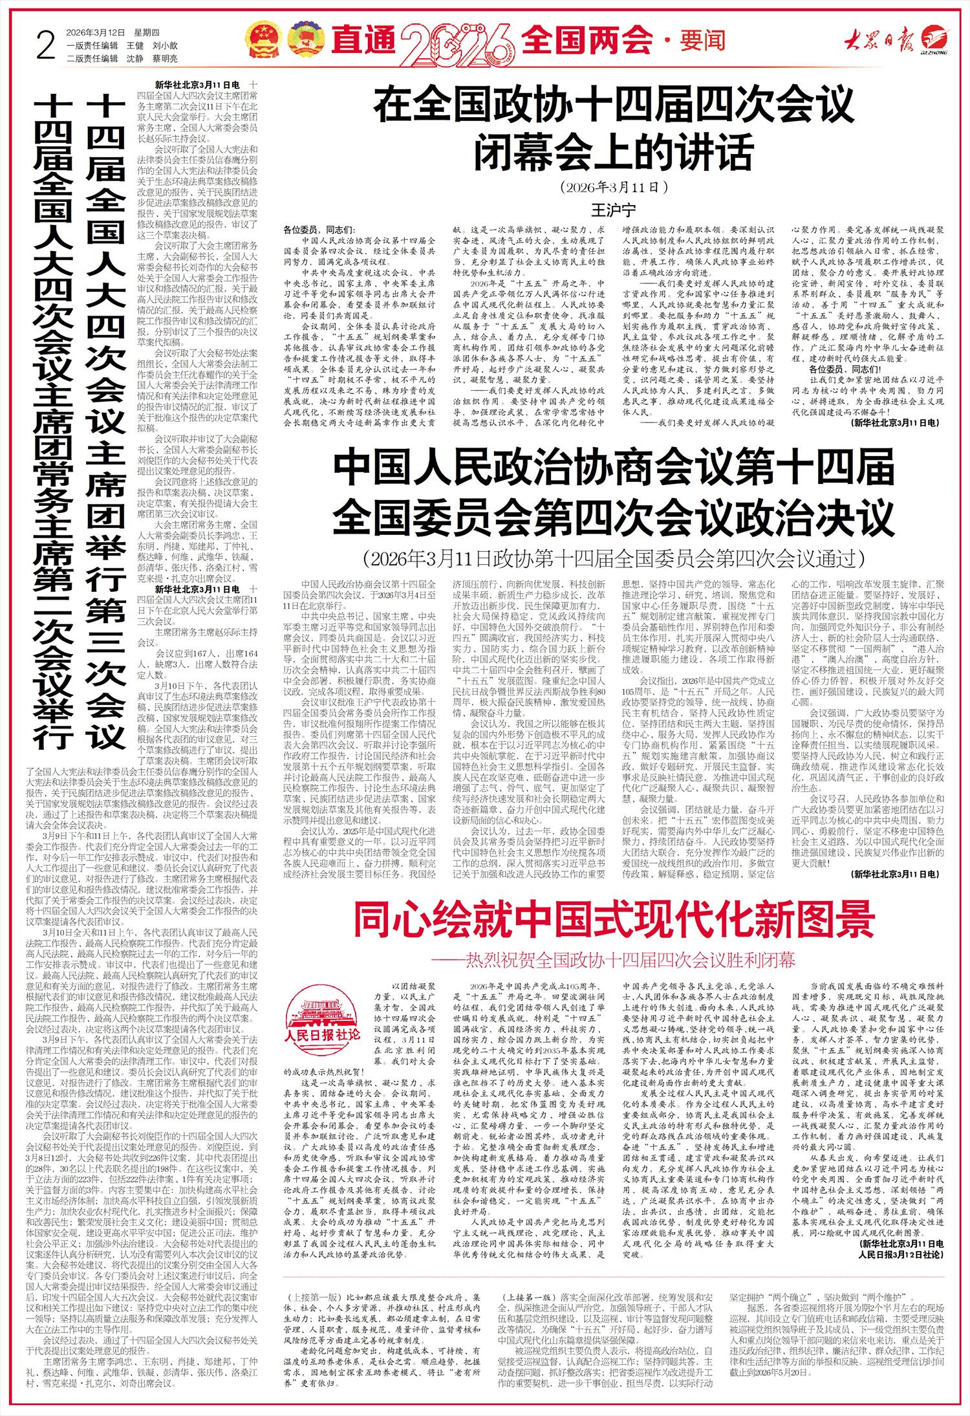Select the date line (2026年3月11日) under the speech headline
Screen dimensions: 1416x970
614,188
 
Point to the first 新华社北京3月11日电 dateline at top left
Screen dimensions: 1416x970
198,85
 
